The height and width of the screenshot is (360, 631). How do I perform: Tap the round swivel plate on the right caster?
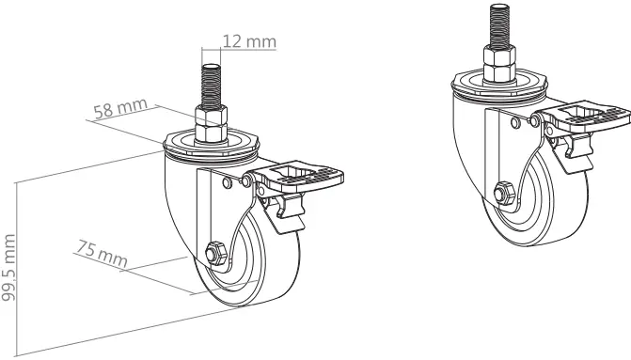point(498,88)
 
